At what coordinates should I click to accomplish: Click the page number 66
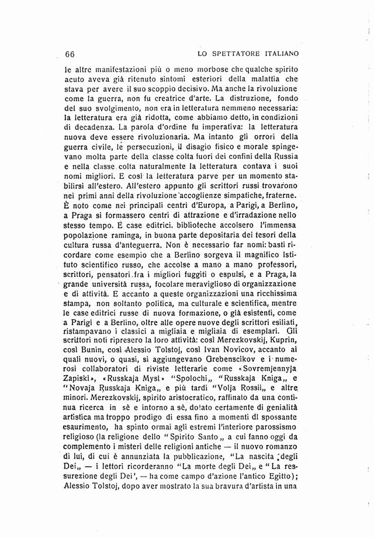[70, 54]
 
